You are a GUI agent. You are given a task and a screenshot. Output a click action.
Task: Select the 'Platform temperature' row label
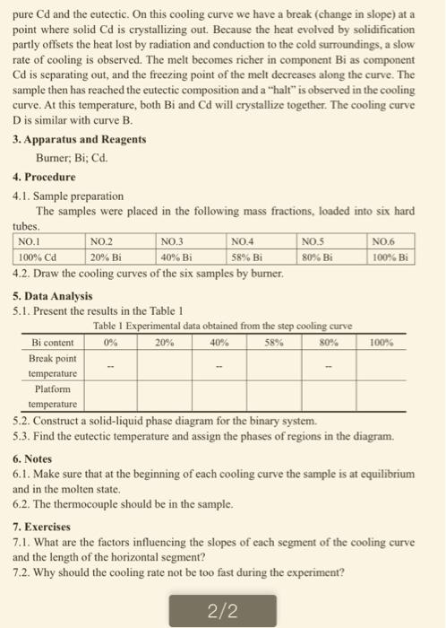click(x=53, y=397)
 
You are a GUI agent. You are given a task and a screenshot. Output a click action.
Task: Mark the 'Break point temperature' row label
click(x=53, y=365)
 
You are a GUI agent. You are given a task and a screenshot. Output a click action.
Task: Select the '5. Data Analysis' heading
click(x=53, y=295)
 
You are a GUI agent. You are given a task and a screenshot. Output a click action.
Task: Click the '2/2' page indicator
click(x=221, y=612)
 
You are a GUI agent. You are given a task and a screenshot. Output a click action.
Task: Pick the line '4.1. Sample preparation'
click(x=69, y=195)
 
